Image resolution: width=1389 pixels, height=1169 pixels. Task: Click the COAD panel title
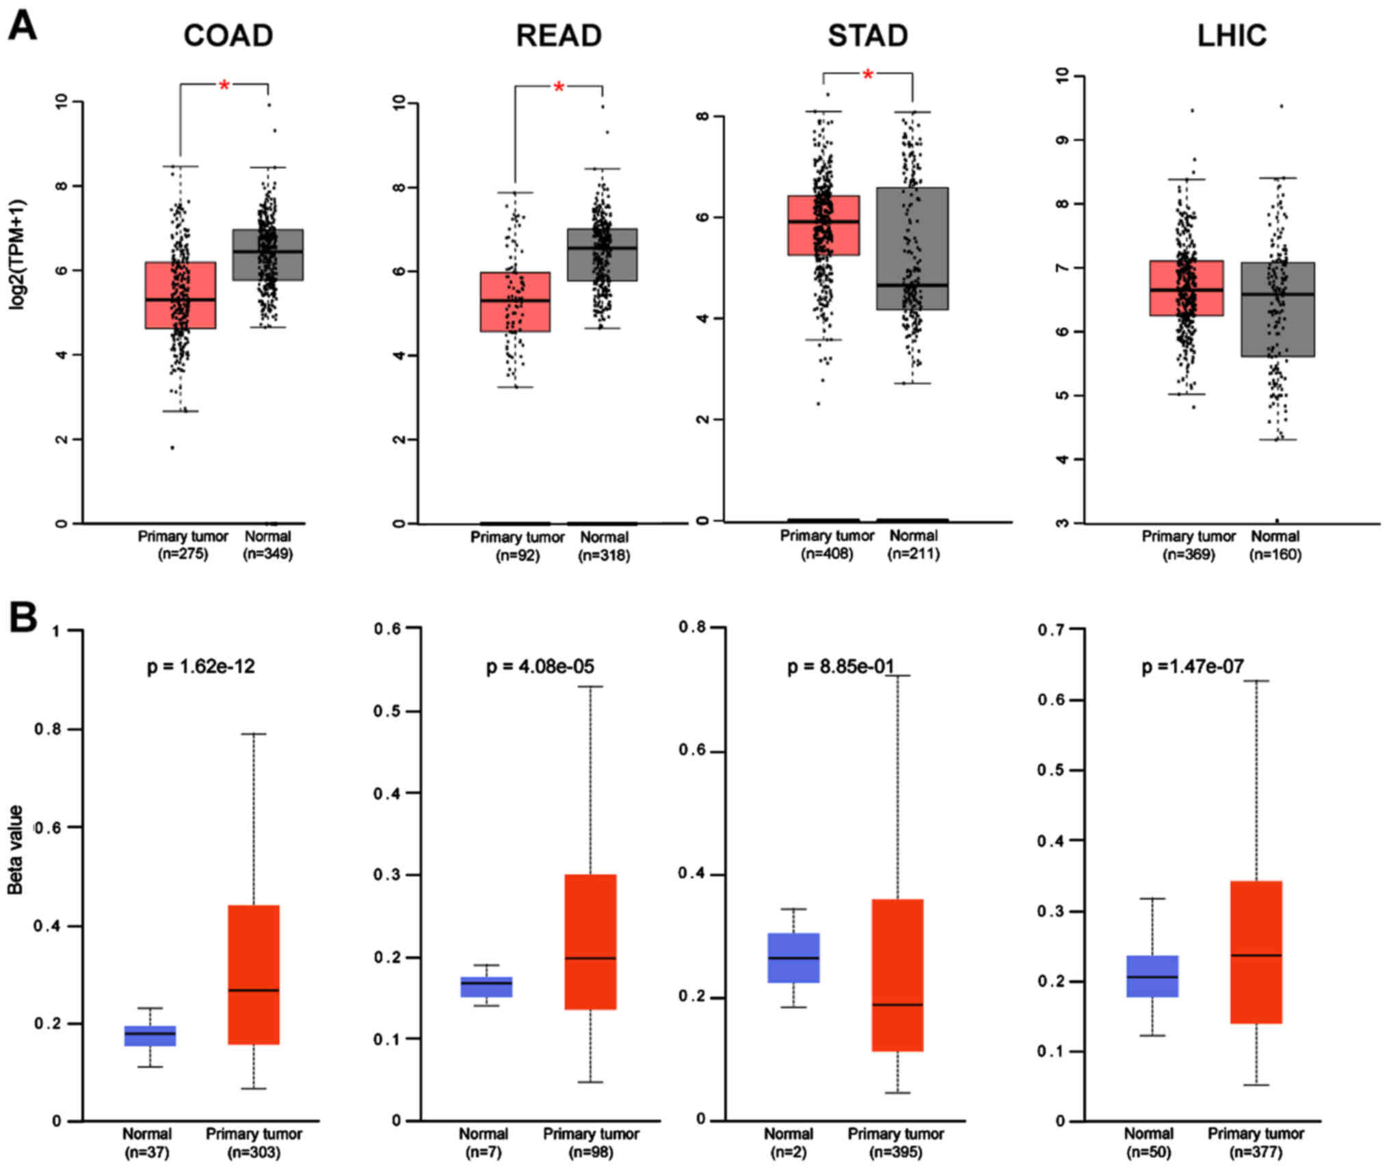pyautogui.click(x=228, y=36)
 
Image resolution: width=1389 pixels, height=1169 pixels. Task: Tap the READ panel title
pyautogui.click(x=558, y=36)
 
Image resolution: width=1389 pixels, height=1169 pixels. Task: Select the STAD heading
pyautogui.click(x=867, y=36)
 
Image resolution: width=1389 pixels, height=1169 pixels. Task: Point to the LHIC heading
pyautogui.click(x=1231, y=36)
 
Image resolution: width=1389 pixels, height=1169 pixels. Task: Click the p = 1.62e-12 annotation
pyautogui.click(x=200, y=666)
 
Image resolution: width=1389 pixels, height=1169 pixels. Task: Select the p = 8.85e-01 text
pyautogui.click(x=841, y=666)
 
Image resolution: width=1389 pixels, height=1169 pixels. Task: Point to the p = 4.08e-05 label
pyautogui.click(x=540, y=666)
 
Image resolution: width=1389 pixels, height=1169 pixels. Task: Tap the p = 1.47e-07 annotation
pyautogui.click(x=1193, y=666)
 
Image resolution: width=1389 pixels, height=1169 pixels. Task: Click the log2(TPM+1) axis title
pyautogui.click(x=16, y=254)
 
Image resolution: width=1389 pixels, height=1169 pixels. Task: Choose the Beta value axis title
pyautogui.click(x=15, y=850)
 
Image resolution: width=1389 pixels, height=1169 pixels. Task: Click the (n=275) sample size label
pyautogui.click(x=183, y=554)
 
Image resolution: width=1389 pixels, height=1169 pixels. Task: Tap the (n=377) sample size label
pyautogui.click(x=1256, y=1152)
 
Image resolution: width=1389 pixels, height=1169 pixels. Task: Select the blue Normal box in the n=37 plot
pyautogui.click(x=150, y=1036)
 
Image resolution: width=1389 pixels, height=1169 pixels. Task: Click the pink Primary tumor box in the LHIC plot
pyautogui.click(x=1186, y=288)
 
